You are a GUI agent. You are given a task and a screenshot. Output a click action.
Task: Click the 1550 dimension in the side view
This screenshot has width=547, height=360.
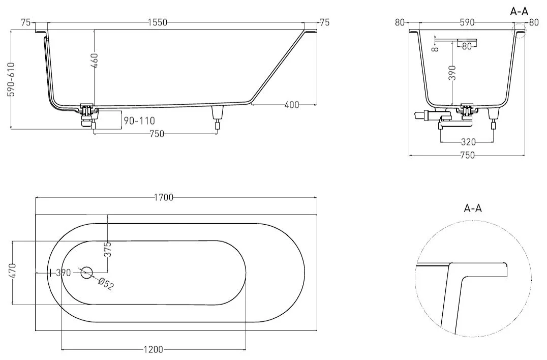158,22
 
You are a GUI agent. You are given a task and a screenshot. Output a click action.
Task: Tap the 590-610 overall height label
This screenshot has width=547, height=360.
12,79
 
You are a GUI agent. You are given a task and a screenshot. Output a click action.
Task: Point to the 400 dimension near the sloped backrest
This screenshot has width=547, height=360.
292,104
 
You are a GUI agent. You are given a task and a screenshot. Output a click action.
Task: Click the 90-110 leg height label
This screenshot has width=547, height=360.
139,121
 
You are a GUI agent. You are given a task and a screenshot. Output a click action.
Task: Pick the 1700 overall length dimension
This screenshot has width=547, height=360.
164,197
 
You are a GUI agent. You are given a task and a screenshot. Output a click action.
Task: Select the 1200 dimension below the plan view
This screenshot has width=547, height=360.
154,349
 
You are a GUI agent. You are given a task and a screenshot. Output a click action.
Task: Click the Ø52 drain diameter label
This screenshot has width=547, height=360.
106,283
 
